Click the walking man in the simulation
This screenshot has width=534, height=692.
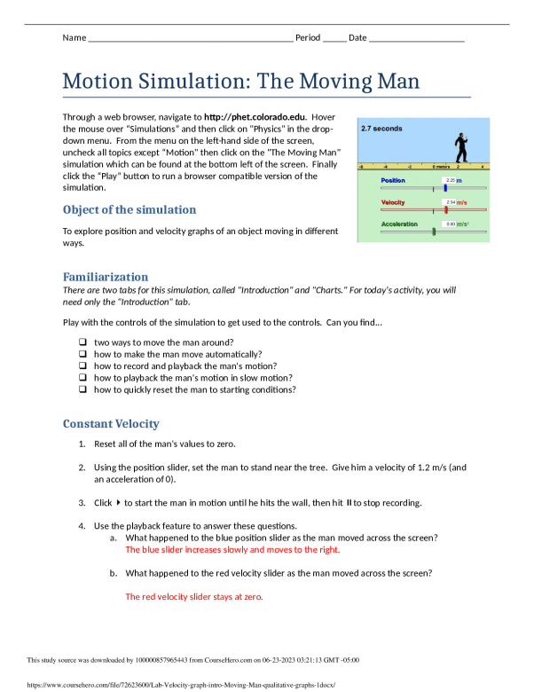click(459, 145)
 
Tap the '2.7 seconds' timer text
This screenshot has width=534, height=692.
click(381, 129)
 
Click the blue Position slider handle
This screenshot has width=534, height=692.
click(445, 188)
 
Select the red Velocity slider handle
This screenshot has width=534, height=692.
click(445, 209)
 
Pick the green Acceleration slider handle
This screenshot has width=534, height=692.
click(434, 232)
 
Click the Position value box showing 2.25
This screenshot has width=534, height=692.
click(450, 180)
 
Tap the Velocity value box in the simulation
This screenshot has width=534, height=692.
click(450, 202)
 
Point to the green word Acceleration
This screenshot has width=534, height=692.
click(399, 224)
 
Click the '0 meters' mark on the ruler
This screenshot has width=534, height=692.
click(440, 166)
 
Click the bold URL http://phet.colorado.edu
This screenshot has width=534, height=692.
click(255, 116)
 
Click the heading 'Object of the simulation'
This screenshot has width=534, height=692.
click(130, 210)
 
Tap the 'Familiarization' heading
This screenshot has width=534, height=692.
click(106, 277)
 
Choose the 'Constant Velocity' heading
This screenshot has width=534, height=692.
click(111, 423)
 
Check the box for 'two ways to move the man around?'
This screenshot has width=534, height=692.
click(82, 342)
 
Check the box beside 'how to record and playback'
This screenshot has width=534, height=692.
click(82, 366)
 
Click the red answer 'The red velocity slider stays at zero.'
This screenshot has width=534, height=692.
click(194, 596)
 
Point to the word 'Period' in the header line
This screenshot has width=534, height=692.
click(307, 38)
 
